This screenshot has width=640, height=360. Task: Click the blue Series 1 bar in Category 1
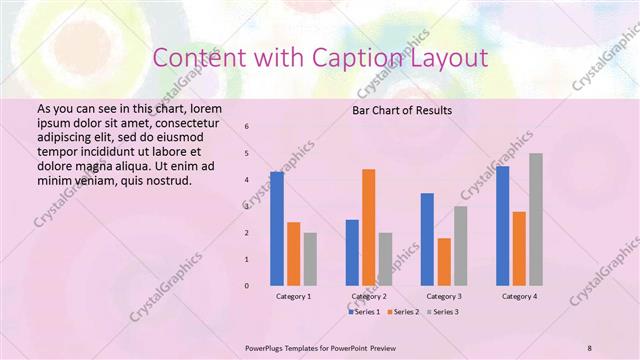tap(277, 229)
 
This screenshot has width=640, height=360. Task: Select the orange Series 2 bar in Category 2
tap(369, 227)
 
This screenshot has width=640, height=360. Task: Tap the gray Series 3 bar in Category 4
tap(535, 219)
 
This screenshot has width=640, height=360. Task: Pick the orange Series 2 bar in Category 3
tap(444, 262)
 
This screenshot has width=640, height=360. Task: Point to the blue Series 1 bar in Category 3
tap(428, 239)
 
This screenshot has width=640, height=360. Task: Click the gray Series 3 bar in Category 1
tap(310, 259)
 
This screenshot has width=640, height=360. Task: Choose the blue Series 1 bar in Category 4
tap(503, 226)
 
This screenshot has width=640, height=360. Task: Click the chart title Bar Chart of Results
tap(402, 110)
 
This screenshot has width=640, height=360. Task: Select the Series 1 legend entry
tap(364, 312)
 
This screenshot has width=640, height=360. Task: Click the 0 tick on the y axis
tap(247, 286)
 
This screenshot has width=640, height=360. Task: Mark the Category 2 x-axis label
tap(369, 297)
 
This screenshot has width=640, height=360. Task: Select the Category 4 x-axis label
tap(519, 297)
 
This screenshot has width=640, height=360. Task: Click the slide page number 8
tap(589, 347)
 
